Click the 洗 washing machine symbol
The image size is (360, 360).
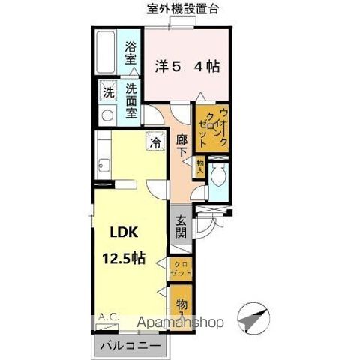[107, 94]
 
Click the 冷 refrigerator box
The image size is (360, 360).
[156, 141]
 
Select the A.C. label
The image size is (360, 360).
[109, 318]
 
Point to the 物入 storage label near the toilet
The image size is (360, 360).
[199, 166]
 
